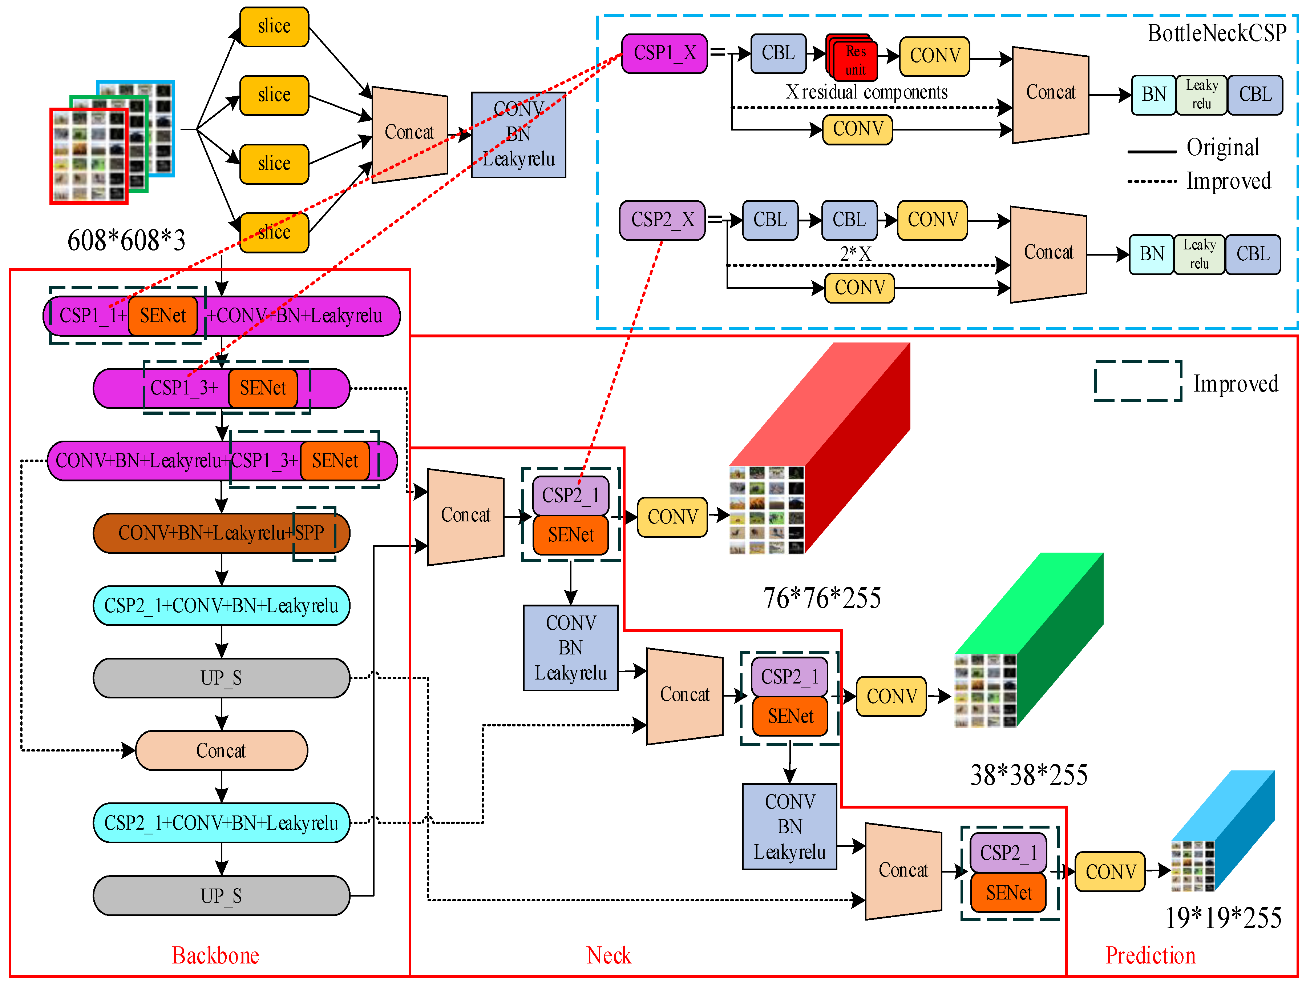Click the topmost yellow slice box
[274, 27]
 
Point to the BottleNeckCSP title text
[1216, 33]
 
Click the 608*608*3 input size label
[126, 240]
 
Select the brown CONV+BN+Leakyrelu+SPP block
[221, 533]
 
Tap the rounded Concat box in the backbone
[221, 750]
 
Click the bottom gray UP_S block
[221, 895]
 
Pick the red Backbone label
[215, 955]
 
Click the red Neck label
[609, 955]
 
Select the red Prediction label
[1150, 955]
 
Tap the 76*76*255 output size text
[822, 598]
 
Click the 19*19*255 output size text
[1223, 918]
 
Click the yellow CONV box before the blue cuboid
[1110, 871]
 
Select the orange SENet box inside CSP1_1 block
[163, 316]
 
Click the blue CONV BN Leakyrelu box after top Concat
[518, 135]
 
